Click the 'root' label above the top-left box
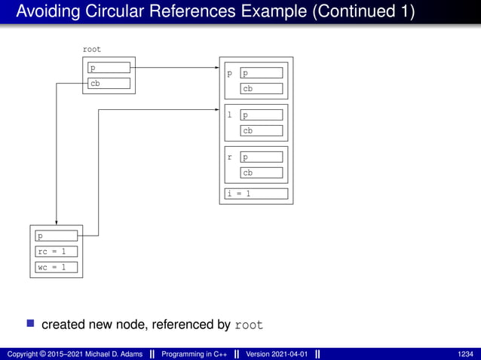pos(91,49)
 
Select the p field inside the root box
pos(109,68)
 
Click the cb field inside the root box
pos(109,84)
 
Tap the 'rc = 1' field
pos(57,252)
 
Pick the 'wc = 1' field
pos(57,267)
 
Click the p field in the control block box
pos(57,236)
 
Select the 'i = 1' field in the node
pos(256,194)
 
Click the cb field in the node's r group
pos(262,172)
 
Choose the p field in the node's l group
pos(262,115)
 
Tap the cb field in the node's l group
pos(262,130)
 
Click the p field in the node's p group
pos(262,73)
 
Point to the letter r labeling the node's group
pos(230,158)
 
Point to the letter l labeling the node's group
pos(230,116)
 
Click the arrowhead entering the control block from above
pos(57,221)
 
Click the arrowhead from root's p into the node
pos(216,68)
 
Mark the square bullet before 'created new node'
pos(31,324)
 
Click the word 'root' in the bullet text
pos(249,325)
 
